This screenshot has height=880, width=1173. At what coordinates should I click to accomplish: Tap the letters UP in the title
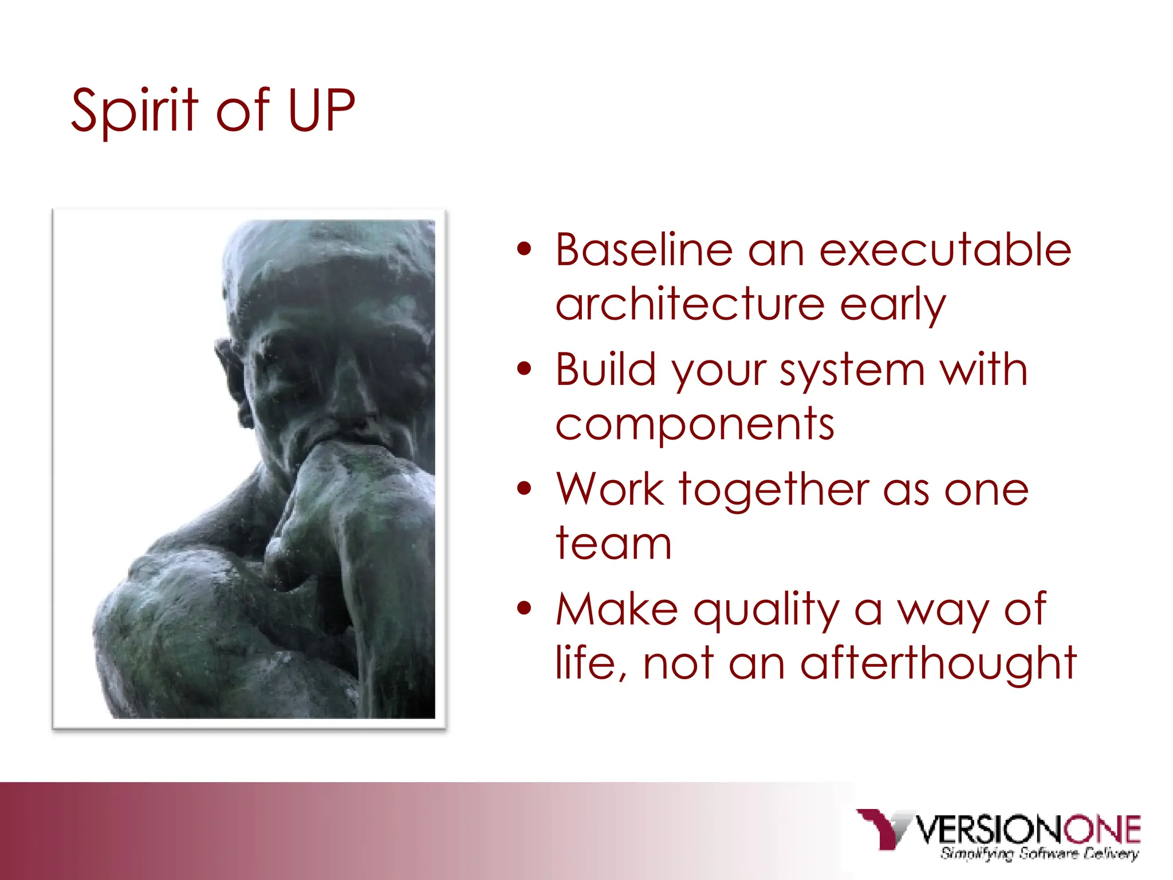(321, 111)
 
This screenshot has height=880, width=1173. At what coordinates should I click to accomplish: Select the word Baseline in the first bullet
(644, 250)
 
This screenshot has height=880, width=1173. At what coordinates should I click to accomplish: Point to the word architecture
(690, 305)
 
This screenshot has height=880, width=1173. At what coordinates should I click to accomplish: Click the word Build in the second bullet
(606, 370)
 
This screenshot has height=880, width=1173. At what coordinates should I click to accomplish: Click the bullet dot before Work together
(523, 489)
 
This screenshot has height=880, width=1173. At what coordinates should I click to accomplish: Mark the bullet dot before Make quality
(523, 608)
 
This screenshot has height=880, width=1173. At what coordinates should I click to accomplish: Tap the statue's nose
(355, 401)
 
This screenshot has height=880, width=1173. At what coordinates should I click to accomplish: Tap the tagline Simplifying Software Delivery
(1039, 854)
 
